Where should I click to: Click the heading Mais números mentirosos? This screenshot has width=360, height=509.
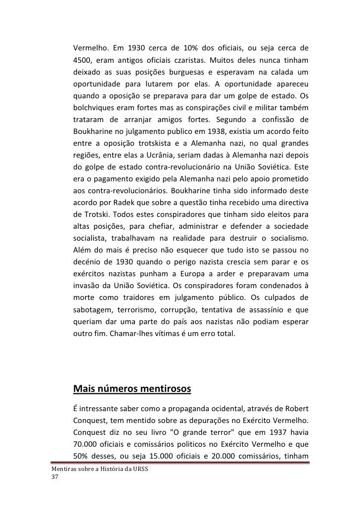click(x=131, y=389)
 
